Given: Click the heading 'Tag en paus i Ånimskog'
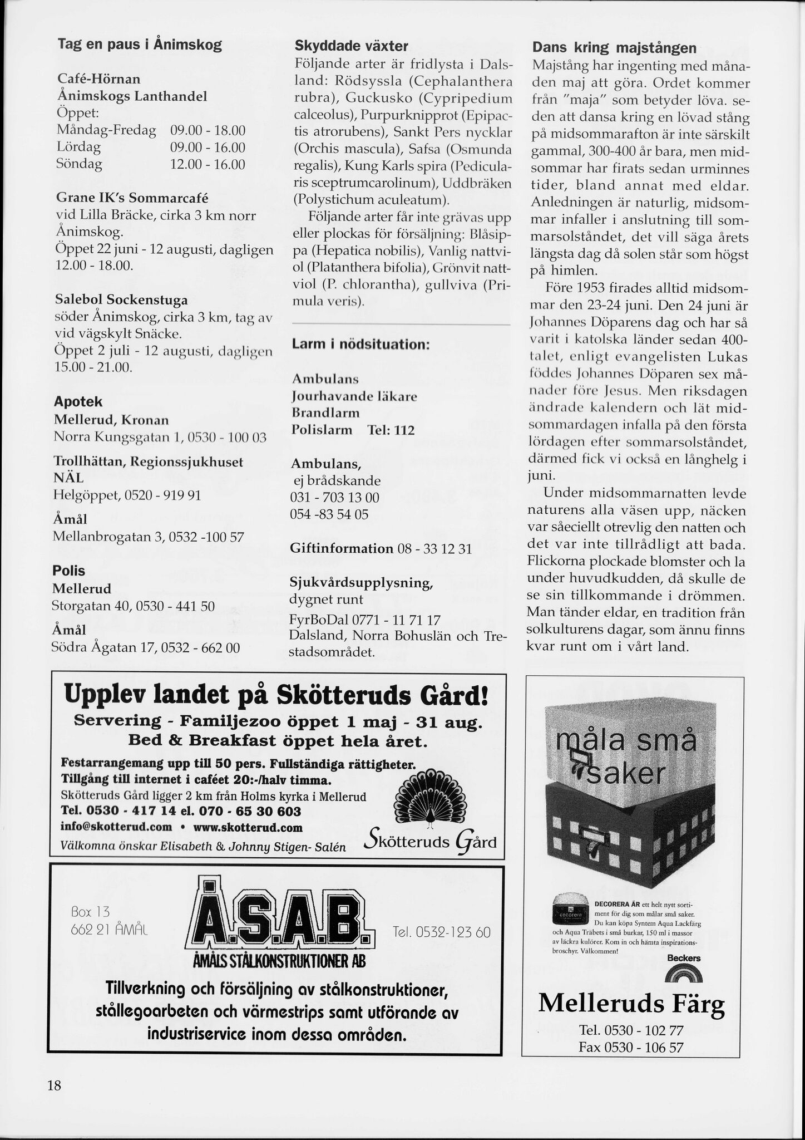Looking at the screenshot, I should click(140, 45).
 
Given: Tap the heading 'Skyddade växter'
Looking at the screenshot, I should click(351, 46).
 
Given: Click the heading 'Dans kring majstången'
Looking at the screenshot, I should click(614, 48).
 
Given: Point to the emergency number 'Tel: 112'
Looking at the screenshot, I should click(391, 430).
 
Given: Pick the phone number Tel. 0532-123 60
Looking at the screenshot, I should click(441, 932).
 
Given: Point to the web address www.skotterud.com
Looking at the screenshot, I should click(248, 828).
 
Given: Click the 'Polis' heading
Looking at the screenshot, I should click(68, 571).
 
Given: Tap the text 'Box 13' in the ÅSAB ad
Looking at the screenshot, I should click(91, 912).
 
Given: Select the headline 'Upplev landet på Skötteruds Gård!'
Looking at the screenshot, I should click(277, 696).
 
